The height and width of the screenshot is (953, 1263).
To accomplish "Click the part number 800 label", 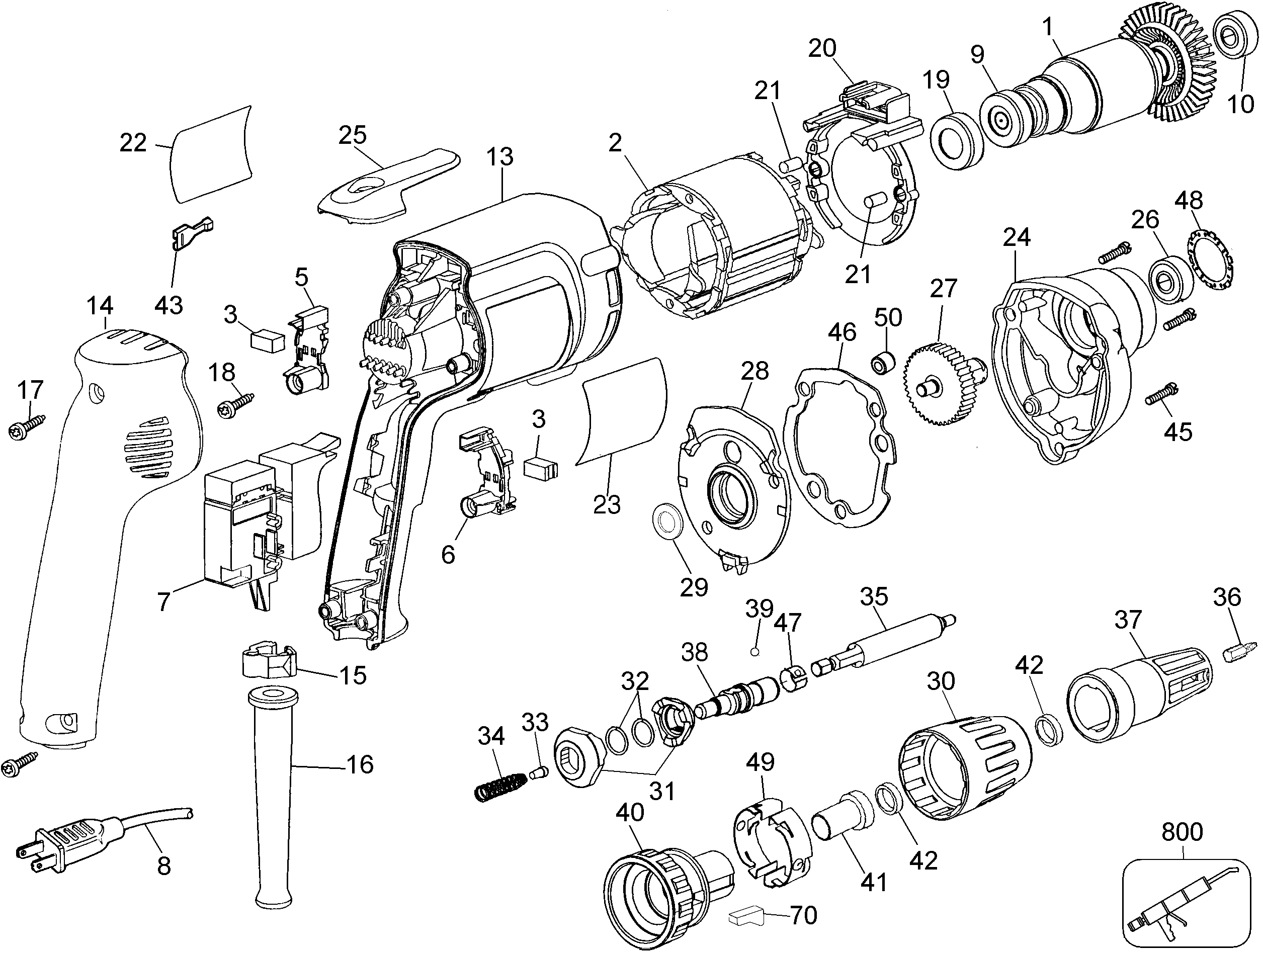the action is [x=1182, y=832].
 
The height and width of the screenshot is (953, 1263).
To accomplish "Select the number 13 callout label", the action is [x=500, y=156].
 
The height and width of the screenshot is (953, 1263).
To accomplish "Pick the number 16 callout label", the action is [x=360, y=764].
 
